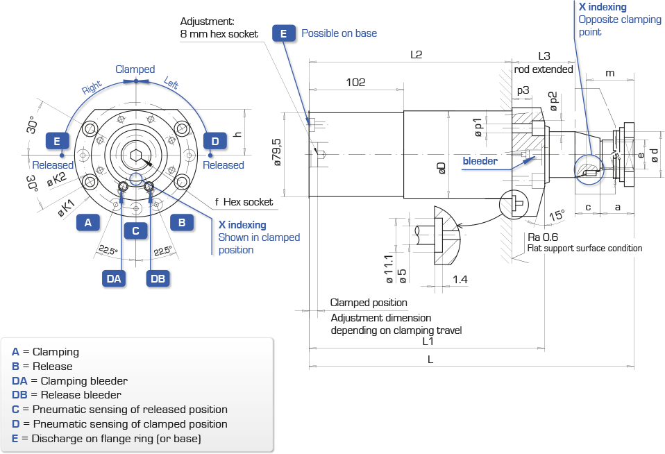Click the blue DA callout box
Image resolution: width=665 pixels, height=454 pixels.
[x=114, y=279]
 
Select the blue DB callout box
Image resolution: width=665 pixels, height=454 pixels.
[x=158, y=279]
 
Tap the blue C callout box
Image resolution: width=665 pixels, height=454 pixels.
[x=136, y=231]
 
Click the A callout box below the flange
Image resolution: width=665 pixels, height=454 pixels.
[x=87, y=222]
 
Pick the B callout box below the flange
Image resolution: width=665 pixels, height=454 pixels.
[x=182, y=222]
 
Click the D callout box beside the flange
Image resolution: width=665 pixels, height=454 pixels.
[x=215, y=142]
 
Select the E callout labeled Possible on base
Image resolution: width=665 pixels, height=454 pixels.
[x=284, y=33]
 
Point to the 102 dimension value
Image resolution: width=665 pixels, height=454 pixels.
[x=355, y=83]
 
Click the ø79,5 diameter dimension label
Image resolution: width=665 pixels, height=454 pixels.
[x=277, y=152]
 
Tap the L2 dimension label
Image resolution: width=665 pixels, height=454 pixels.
[x=416, y=55]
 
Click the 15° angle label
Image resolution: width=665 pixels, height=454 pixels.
[x=557, y=215]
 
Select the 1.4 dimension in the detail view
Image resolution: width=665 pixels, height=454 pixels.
[x=460, y=280]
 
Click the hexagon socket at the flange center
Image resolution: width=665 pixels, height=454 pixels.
[x=136, y=155]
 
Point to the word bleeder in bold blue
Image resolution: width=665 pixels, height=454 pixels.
[x=480, y=161]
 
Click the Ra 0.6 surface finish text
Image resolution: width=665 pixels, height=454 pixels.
[x=543, y=237]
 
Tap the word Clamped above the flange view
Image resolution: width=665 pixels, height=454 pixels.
[x=135, y=69]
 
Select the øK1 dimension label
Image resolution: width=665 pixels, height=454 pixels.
[x=66, y=208]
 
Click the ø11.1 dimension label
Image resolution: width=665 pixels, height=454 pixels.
[x=389, y=269]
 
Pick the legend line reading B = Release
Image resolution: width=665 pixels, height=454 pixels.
[x=42, y=366]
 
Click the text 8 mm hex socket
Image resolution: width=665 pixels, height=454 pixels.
[x=219, y=34]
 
